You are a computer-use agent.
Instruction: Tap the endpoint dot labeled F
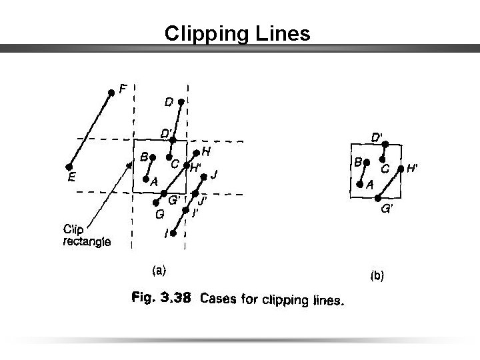click(x=111, y=93)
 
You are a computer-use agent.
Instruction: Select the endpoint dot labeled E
click(x=69, y=167)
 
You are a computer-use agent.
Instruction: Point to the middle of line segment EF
click(x=90, y=131)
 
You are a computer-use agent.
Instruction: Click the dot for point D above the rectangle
click(x=181, y=102)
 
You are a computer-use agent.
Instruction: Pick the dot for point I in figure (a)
click(x=172, y=233)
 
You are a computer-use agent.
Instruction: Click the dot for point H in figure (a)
click(x=196, y=153)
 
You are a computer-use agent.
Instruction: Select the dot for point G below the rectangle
click(x=156, y=202)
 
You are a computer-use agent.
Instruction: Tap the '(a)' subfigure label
click(x=160, y=269)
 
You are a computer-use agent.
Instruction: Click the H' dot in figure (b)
click(x=400, y=169)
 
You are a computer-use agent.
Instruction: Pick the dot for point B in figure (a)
click(x=152, y=158)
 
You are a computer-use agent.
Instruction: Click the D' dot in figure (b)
click(x=385, y=144)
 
